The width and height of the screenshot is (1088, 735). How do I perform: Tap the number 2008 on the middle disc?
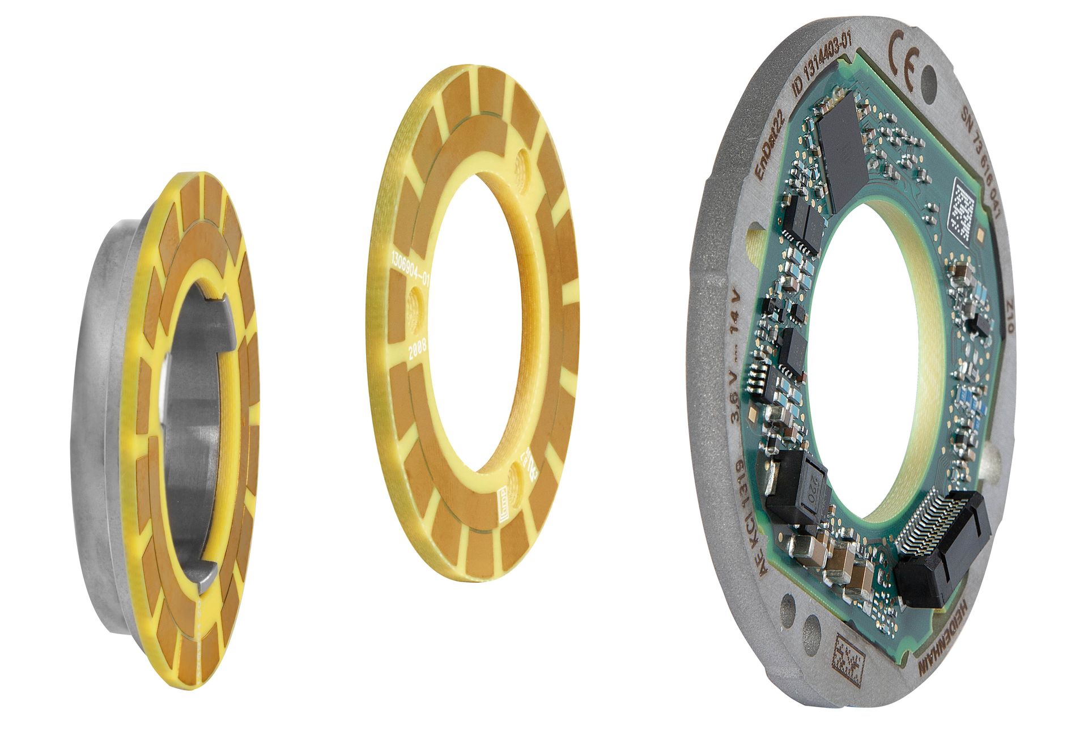418,348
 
